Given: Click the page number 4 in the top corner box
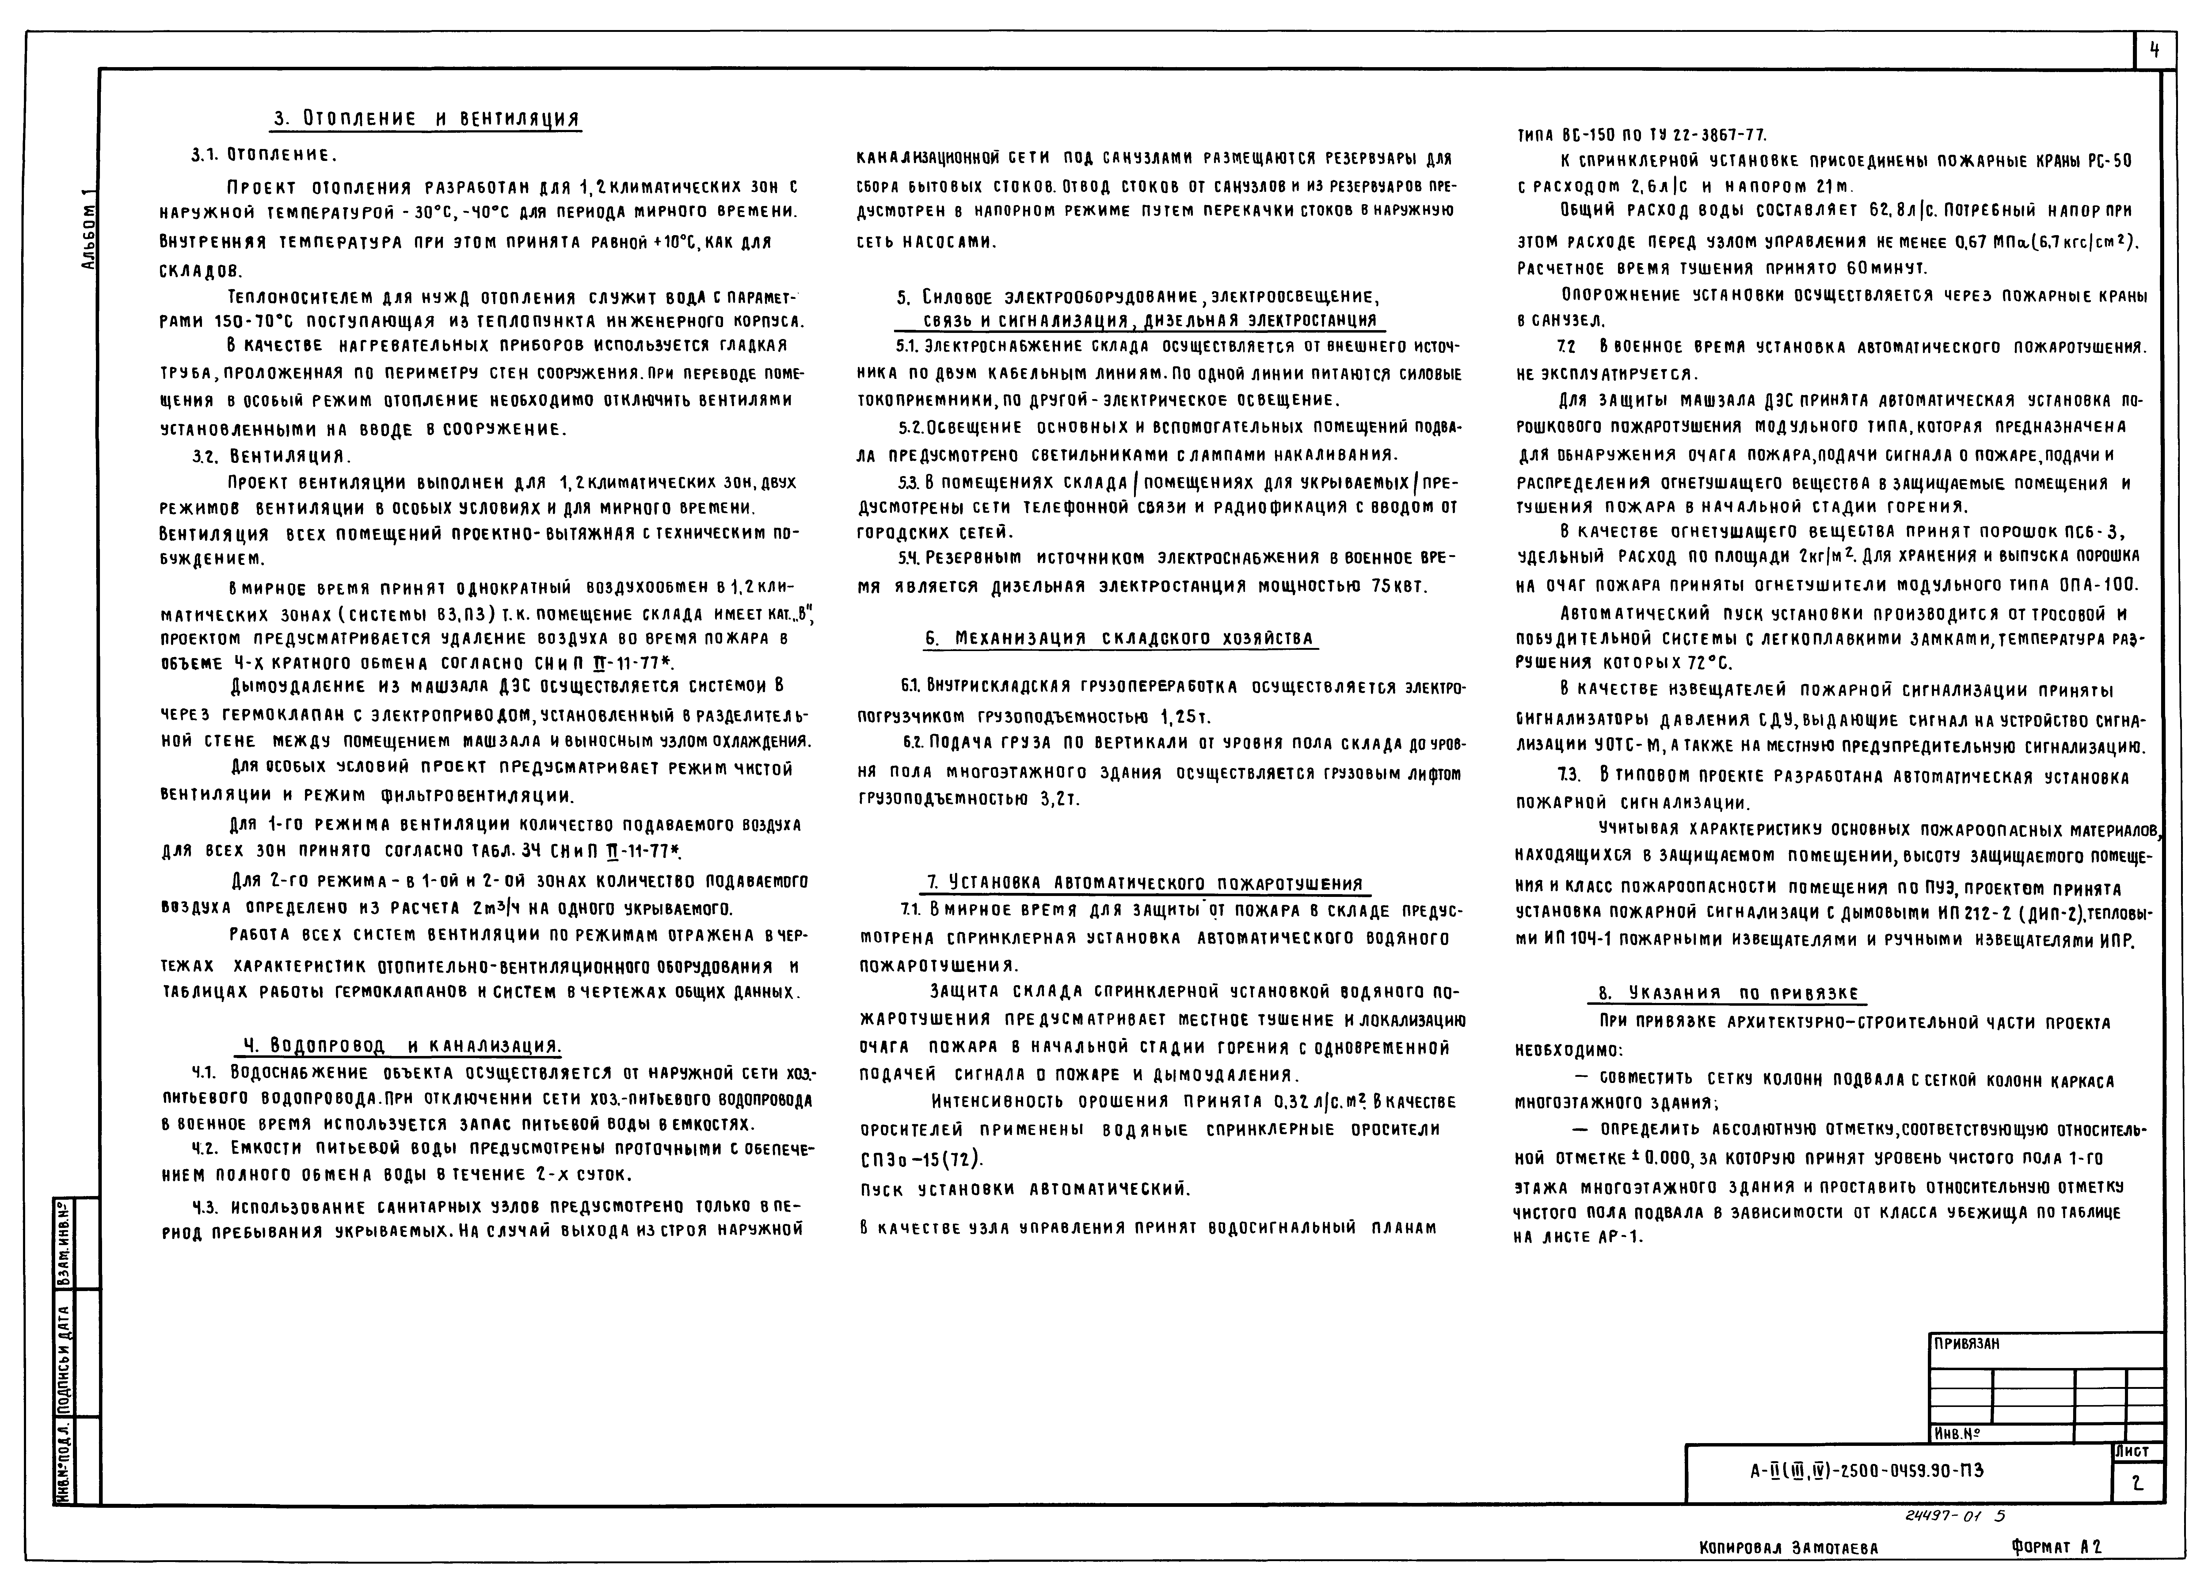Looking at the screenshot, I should click(x=2154, y=51).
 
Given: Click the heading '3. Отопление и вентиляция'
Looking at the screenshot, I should click(x=426, y=119).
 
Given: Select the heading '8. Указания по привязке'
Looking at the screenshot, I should click(x=1728, y=993).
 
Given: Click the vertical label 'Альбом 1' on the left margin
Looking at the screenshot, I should click(x=89, y=230).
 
